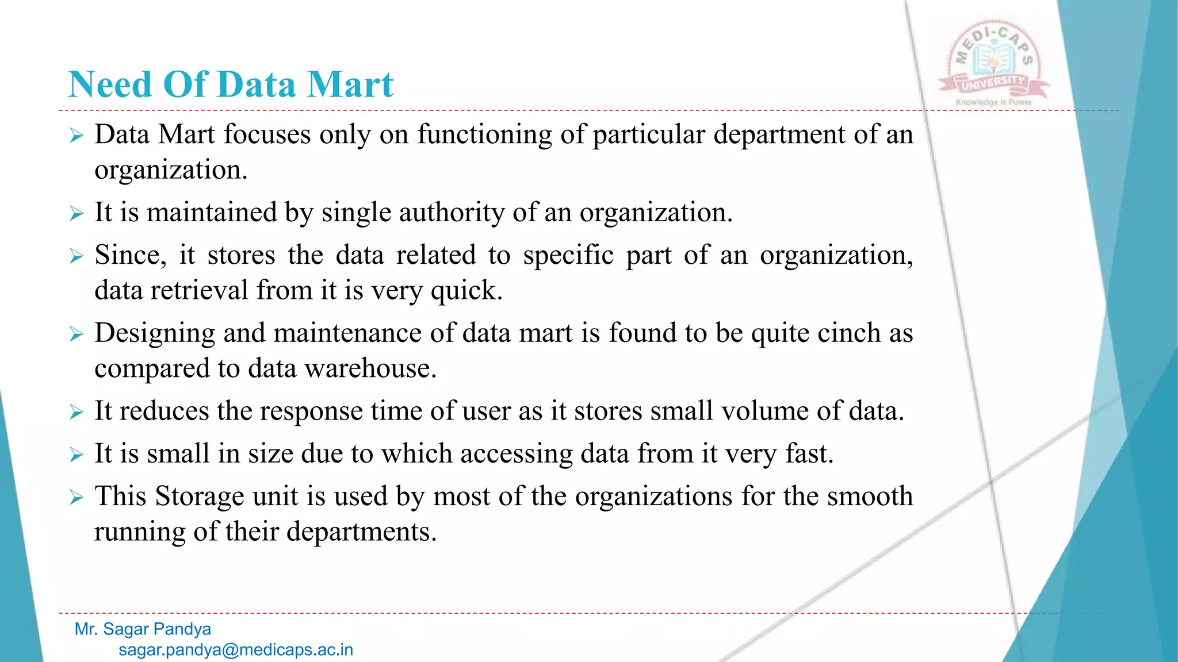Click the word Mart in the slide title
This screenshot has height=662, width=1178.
click(x=350, y=84)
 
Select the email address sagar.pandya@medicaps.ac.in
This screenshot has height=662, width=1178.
click(x=236, y=650)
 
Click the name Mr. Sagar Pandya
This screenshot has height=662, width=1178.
click(x=143, y=629)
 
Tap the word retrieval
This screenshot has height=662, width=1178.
click(x=199, y=290)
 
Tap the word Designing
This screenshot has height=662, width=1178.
click(x=154, y=334)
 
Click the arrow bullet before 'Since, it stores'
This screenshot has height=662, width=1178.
click(x=77, y=256)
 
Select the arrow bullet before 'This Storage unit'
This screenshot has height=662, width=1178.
click(x=77, y=497)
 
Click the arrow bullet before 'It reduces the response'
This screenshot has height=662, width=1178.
click(x=77, y=412)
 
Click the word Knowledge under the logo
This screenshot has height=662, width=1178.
click(x=977, y=102)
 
